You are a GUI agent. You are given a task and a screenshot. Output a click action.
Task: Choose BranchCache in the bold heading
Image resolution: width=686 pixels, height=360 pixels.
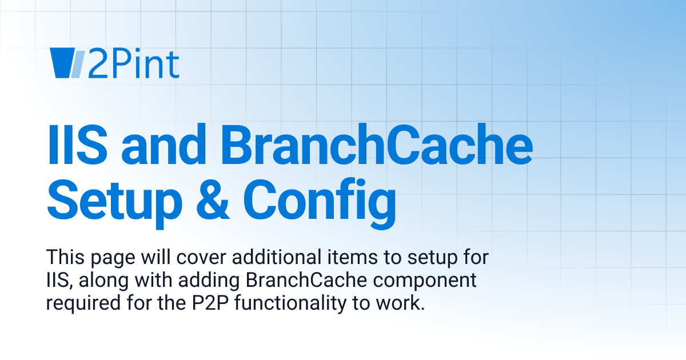pos(377,146)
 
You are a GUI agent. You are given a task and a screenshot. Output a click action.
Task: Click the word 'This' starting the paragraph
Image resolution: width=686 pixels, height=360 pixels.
pos(64,257)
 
